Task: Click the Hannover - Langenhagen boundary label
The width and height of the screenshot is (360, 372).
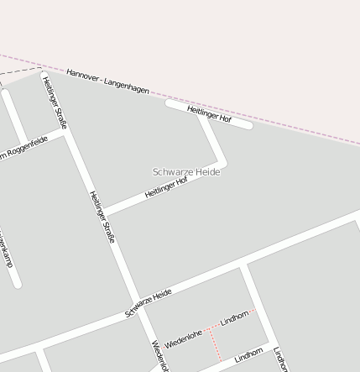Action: coord(107,83)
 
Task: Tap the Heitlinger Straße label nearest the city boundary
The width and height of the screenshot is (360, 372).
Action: coord(55,103)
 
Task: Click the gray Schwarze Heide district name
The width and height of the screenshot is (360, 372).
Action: coord(186,171)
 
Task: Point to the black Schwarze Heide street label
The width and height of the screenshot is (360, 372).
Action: coord(149,302)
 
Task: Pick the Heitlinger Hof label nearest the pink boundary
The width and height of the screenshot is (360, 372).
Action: coord(209,113)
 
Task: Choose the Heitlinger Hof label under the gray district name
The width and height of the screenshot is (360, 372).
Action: coord(166,186)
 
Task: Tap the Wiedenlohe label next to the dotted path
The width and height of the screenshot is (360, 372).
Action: coord(184,338)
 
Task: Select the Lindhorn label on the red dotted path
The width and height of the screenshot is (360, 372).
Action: coord(234,318)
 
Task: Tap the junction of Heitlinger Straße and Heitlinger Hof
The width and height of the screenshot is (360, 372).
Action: coord(104,212)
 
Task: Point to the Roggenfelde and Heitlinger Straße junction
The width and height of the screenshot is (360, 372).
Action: coord(66,133)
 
